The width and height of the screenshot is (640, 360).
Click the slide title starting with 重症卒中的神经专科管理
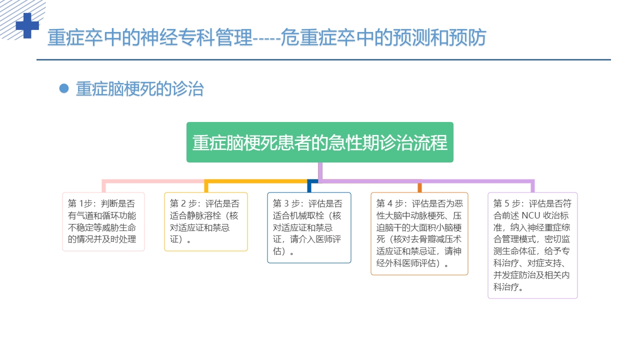pyautogui.click(x=266, y=38)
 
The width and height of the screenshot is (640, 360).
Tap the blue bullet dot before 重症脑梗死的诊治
pyautogui.click(x=63, y=88)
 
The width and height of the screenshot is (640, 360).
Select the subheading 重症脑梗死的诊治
pyautogui.click(x=139, y=89)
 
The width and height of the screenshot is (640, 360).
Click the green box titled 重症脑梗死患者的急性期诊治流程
pyautogui.click(x=320, y=142)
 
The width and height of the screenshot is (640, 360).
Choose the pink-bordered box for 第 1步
pyautogui.click(x=103, y=221)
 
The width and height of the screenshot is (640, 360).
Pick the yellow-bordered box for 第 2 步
pyautogui.click(x=205, y=221)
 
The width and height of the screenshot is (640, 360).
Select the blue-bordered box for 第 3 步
pyautogui.click(x=309, y=227)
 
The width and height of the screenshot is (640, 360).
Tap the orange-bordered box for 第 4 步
pyautogui.click(x=419, y=233)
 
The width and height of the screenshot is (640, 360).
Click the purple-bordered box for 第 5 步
pyautogui.click(x=532, y=245)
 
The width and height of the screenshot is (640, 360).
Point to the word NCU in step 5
pyautogui.click(x=532, y=216)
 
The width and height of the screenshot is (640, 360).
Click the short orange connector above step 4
pyautogui.click(x=419, y=187)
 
